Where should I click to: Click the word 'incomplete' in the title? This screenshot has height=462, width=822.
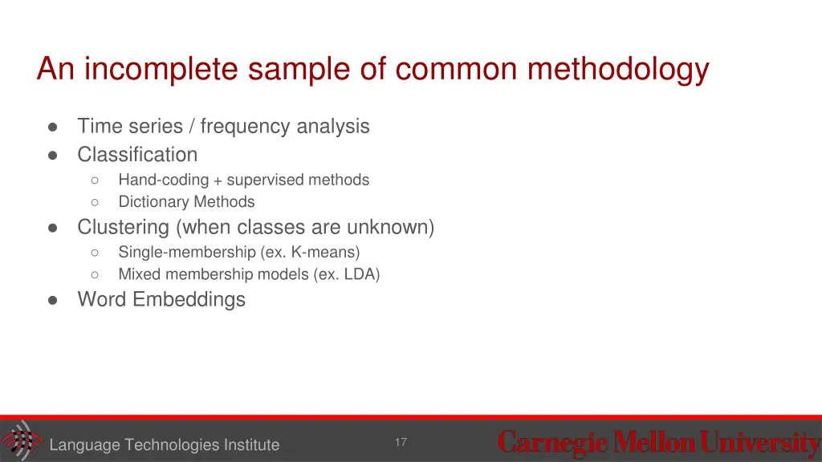[x=163, y=70]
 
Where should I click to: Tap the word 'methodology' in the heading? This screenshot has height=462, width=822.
[x=618, y=70]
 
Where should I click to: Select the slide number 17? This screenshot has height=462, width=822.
[x=401, y=443]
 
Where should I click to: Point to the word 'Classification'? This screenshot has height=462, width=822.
[x=137, y=154]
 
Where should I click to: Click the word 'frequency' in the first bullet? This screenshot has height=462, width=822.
[x=246, y=126]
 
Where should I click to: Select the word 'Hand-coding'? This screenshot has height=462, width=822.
[x=163, y=180]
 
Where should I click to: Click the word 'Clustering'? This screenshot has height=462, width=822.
[x=123, y=227]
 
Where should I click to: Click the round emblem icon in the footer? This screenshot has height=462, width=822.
[x=22, y=440]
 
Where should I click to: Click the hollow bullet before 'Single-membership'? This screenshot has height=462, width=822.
[x=95, y=253]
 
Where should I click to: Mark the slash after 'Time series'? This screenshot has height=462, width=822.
[x=192, y=126]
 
